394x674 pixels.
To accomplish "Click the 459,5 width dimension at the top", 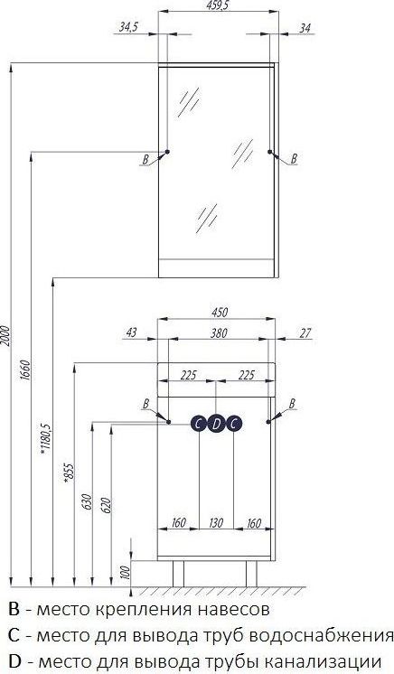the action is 217,5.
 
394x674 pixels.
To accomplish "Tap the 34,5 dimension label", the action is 128,28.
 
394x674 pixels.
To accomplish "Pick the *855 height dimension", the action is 69,474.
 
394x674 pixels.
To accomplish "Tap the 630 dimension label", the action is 87,502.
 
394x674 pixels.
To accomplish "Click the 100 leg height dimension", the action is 126,572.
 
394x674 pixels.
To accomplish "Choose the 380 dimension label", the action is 219,332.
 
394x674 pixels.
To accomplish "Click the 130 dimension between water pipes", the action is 216,522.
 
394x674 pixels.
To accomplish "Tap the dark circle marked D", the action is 216,424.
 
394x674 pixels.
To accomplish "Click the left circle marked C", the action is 199,424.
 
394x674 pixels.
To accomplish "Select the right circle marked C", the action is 233,424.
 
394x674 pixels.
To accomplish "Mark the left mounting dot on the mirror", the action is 167,152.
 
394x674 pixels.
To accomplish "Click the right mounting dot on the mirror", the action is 269,152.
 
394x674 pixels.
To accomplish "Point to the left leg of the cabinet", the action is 178,574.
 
